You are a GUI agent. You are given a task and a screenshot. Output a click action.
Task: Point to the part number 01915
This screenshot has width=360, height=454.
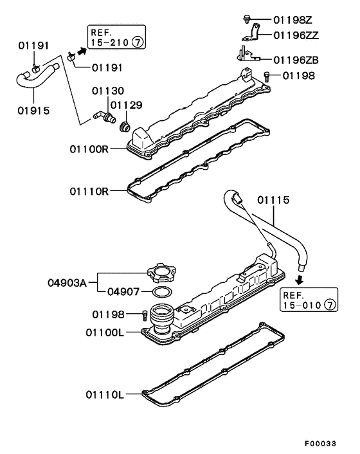coord(33,111)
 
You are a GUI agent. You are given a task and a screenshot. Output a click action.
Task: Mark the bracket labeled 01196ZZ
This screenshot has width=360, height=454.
coord(254,35)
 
